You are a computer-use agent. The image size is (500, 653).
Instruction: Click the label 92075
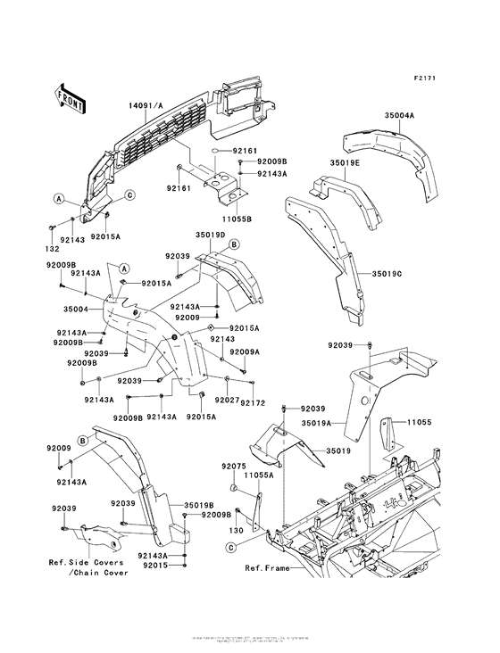coord(234,467)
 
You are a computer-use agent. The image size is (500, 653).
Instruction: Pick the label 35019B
coord(198,505)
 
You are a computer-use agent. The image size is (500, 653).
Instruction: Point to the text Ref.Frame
coord(266,567)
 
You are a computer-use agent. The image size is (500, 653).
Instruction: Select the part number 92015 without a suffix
coord(154,565)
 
